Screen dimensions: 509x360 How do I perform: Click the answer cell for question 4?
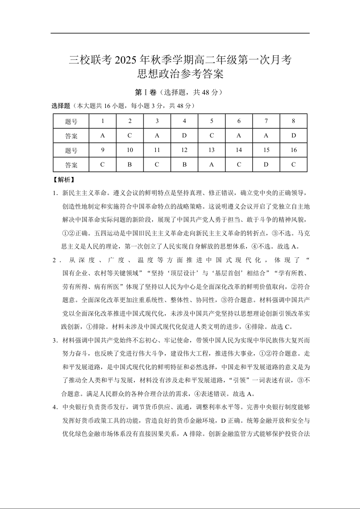184,136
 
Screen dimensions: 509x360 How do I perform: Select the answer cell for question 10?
130,165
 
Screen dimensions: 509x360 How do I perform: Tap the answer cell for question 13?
212,165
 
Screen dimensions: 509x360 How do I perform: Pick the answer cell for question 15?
266,165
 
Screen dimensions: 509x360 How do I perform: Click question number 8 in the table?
293,121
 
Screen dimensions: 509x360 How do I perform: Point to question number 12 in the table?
184,150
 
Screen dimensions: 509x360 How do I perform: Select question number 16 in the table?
293,150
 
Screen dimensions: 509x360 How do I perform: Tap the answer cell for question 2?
130,136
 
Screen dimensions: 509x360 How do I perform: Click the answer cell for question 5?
212,136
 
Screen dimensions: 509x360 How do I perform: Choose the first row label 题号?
71,121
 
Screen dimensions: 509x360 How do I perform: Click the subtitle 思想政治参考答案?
180,74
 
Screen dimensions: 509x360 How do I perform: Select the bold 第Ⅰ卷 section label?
146,92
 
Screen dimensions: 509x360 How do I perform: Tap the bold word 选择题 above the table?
61,106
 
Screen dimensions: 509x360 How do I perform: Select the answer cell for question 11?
157,165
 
